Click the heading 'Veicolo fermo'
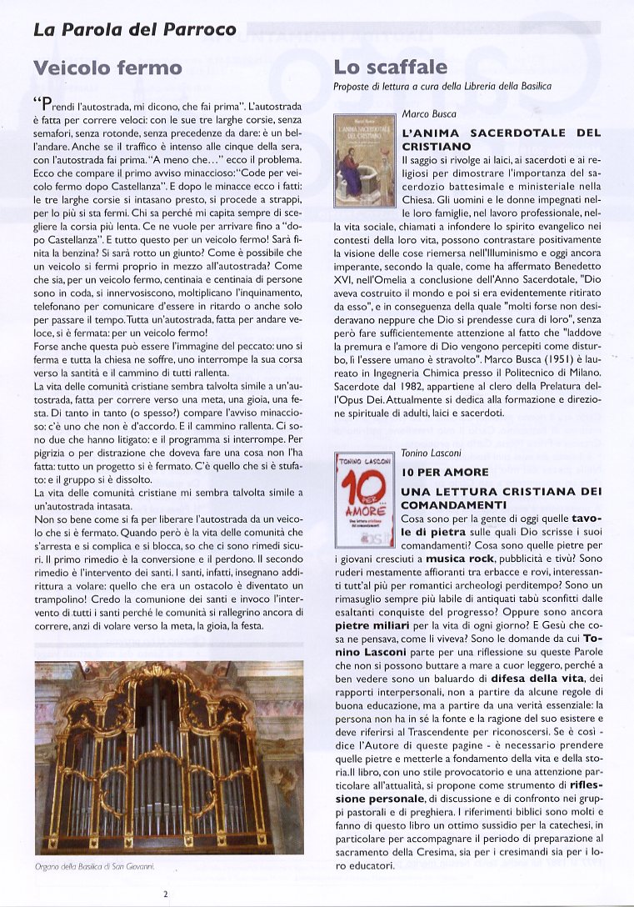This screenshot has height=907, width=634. click(107, 67)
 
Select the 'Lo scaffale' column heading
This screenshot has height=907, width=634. click(390, 67)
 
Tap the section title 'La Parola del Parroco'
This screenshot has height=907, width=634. click(134, 30)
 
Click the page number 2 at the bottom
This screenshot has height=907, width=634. click(166, 894)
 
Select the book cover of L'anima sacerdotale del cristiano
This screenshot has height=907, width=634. click(363, 160)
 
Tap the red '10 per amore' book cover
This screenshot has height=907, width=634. click(363, 493)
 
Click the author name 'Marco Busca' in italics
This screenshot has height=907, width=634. click(429, 113)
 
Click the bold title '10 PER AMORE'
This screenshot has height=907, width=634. click(445, 473)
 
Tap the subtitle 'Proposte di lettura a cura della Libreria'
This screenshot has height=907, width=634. click(442, 86)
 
